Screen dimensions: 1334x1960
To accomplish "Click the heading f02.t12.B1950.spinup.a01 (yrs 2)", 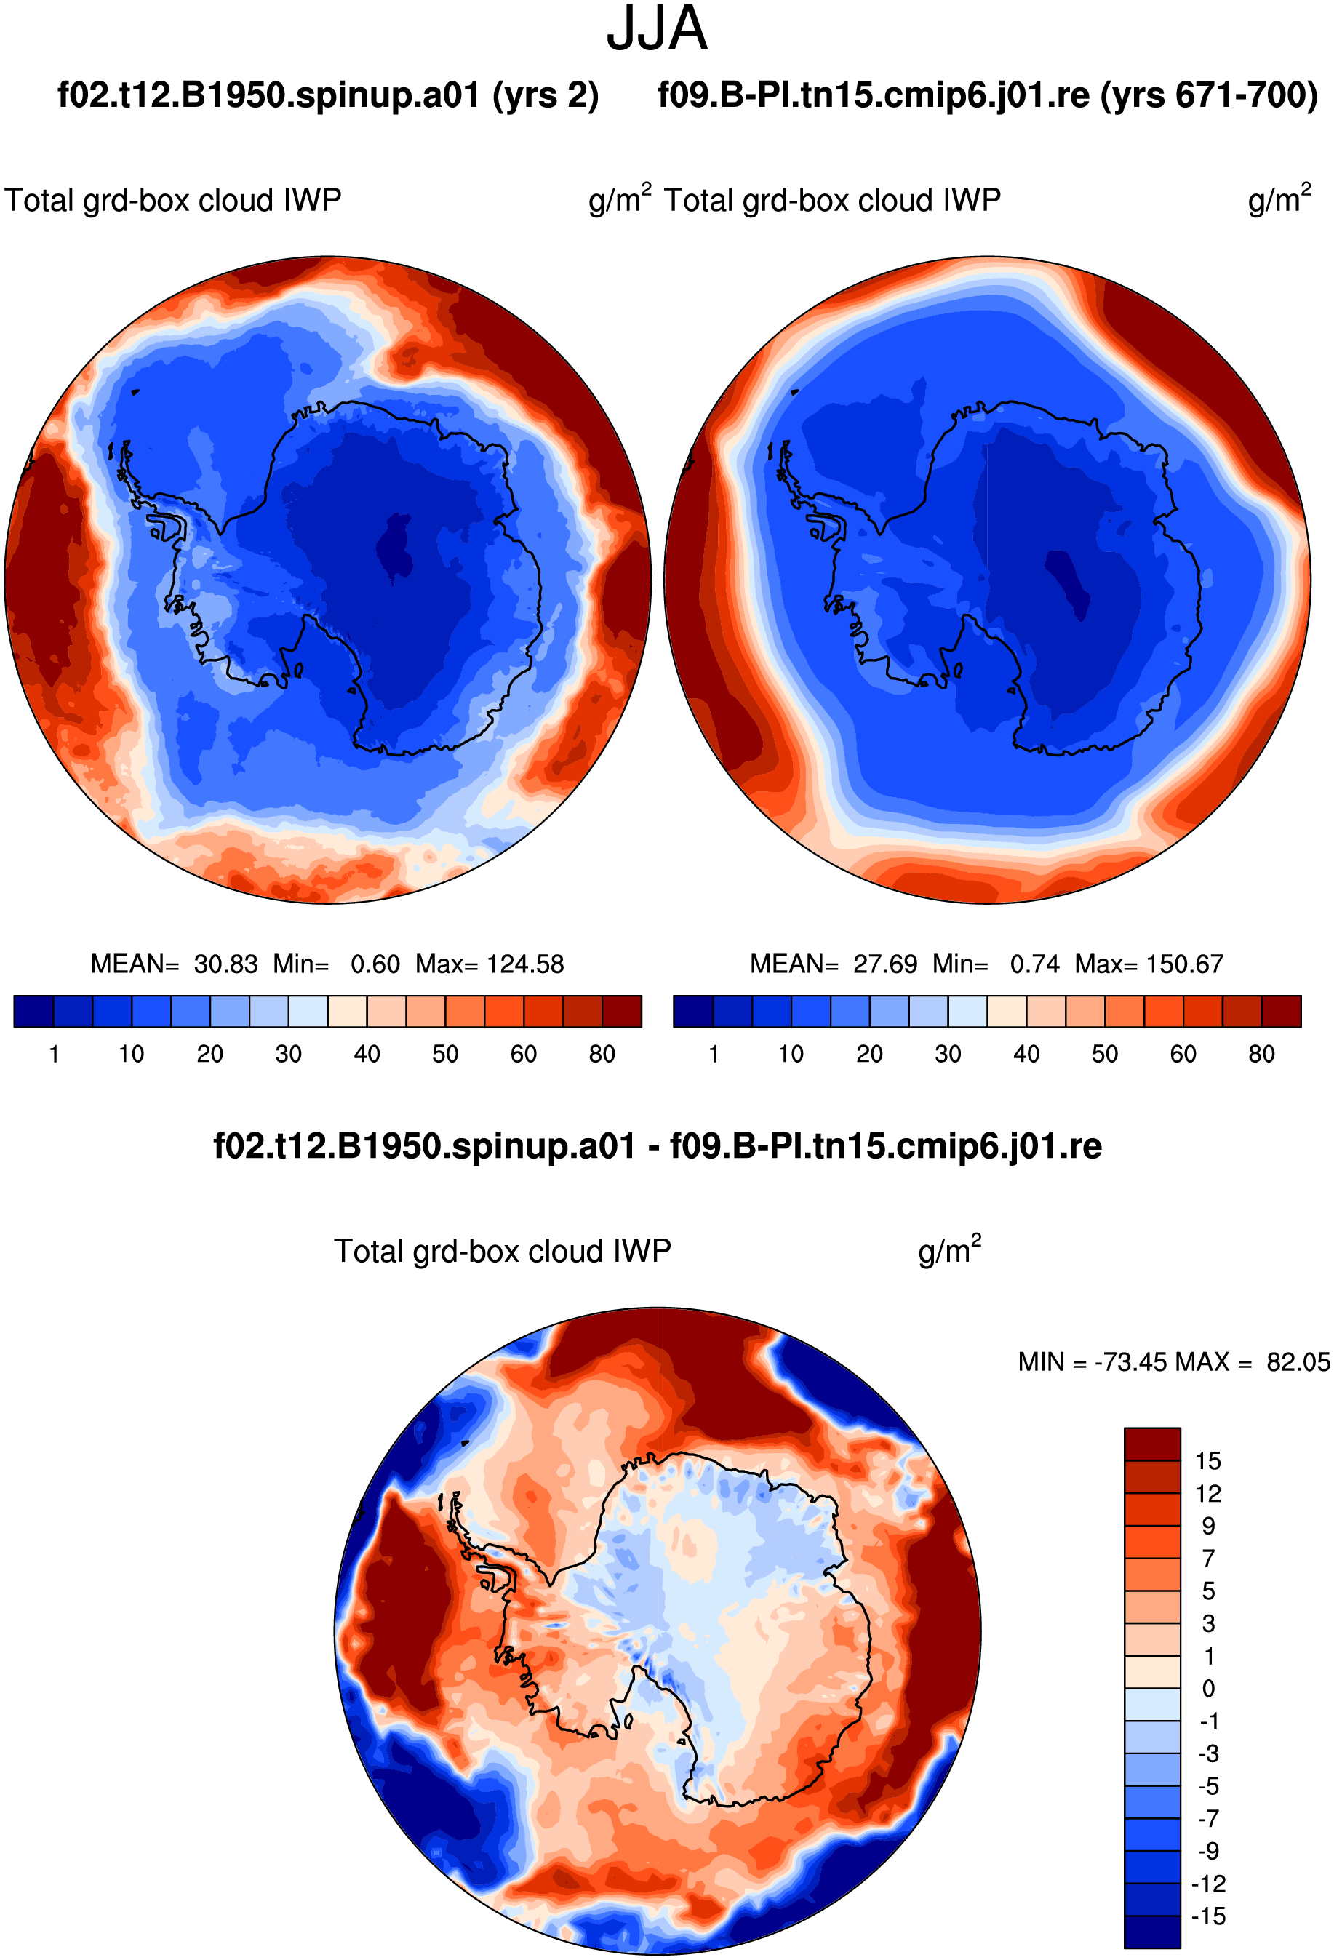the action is tap(328, 95).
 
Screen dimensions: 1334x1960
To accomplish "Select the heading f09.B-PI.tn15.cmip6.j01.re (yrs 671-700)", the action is tap(988, 95).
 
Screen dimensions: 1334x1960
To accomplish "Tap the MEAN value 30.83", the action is tap(225, 964).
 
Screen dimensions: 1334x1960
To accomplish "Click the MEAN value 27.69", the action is tap(884, 964).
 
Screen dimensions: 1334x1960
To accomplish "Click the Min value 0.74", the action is tap(1034, 964).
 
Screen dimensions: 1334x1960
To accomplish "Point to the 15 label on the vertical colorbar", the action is tap(1208, 1460).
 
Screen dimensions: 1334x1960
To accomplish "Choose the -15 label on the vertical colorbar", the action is tap(1208, 1916).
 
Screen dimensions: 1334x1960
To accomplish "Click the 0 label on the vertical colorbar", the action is tap(1208, 1689).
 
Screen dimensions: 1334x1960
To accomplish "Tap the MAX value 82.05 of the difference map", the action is tap(1298, 1362).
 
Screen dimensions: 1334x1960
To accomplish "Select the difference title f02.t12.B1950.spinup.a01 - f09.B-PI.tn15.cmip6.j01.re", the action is tap(658, 1147).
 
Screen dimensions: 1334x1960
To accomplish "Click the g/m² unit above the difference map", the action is tap(949, 1250).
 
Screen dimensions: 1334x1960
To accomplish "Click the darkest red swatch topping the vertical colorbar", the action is tap(1152, 1444).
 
